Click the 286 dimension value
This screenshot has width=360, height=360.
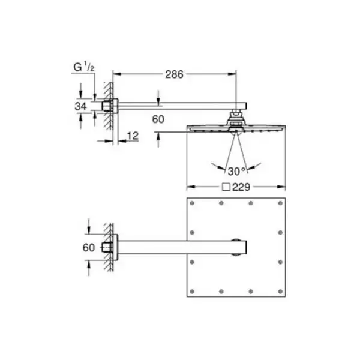(174, 74)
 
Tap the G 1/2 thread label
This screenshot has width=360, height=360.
(84, 67)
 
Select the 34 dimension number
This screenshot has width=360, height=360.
(80, 106)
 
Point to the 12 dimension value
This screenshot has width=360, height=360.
(133, 136)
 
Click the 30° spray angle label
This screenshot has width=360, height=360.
(237, 171)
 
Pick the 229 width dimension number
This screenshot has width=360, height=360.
(241, 187)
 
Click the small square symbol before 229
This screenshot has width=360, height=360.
(226, 187)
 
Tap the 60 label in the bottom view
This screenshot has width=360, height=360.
(89, 247)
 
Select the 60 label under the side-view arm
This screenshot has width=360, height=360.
(158, 119)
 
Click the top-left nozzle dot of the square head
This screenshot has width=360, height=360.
(192, 203)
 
